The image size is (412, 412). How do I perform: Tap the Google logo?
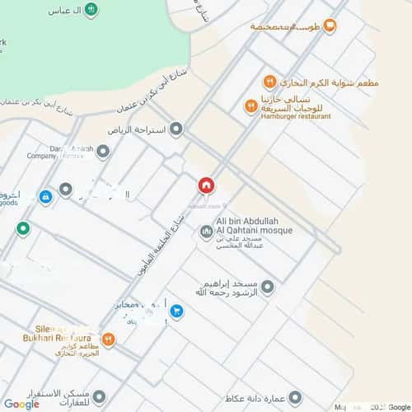pos(21,404)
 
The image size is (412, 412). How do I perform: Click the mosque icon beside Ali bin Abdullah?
pos(205,230)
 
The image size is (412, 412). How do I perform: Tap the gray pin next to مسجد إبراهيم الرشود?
pos(266,288)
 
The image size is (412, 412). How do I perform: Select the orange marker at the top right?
pos(330,26)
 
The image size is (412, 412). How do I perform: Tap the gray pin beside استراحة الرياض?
pos(176,129)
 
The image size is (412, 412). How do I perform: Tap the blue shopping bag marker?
pos(46,197)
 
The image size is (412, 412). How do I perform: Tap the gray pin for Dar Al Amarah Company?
pos(102,151)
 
